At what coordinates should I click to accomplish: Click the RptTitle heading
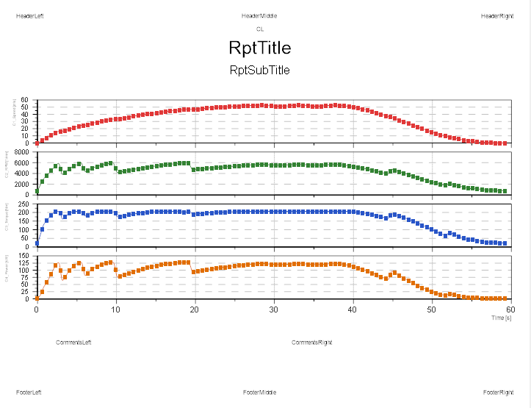(260, 49)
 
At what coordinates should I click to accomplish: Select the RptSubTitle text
(260, 71)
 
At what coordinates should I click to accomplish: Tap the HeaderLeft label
(30, 16)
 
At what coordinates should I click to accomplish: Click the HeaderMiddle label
(259, 16)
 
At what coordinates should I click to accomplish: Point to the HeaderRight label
(497, 16)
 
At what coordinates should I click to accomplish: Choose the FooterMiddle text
(260, 392)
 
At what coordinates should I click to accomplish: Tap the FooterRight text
(498, 392)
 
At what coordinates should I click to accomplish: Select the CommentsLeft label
(74, 343)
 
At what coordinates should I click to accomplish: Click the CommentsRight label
(312, 343)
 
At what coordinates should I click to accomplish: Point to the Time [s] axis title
(502, 317)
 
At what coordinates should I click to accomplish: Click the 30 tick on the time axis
(274, 309)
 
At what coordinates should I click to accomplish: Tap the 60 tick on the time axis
(510, 309)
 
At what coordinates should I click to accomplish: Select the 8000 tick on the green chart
(21, 152)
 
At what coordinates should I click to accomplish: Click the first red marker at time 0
(37, 143)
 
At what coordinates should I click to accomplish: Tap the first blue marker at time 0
(37, 243)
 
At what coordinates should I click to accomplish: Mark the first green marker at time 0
(37, 191)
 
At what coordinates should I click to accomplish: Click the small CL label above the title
(260, 29)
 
